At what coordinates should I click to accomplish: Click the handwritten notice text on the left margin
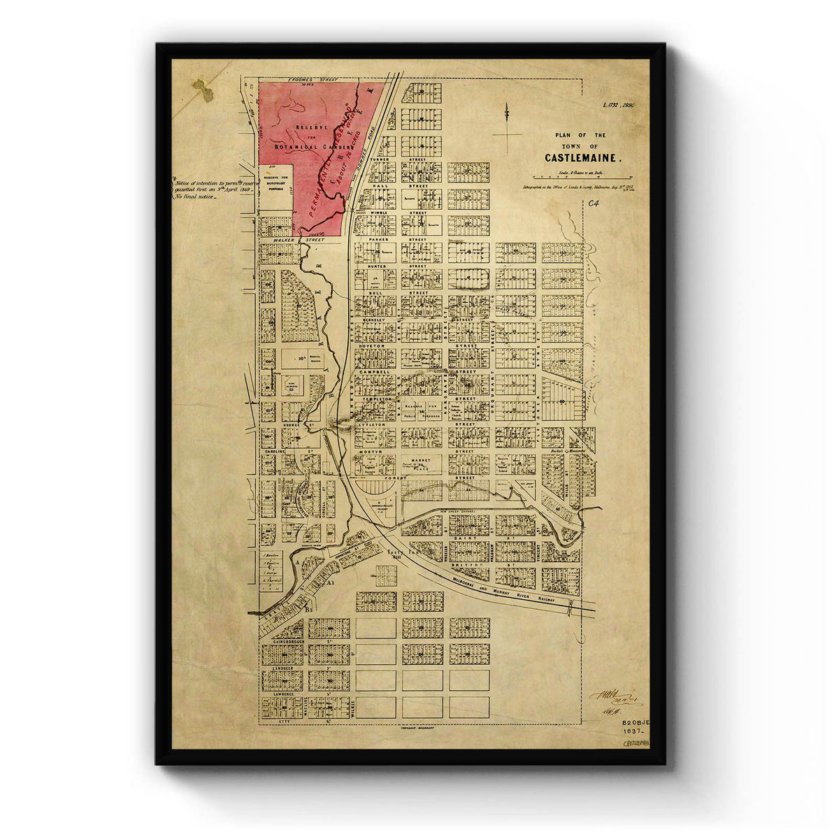tap(210, 189)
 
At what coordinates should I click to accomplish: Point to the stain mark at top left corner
tap(202, 92)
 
